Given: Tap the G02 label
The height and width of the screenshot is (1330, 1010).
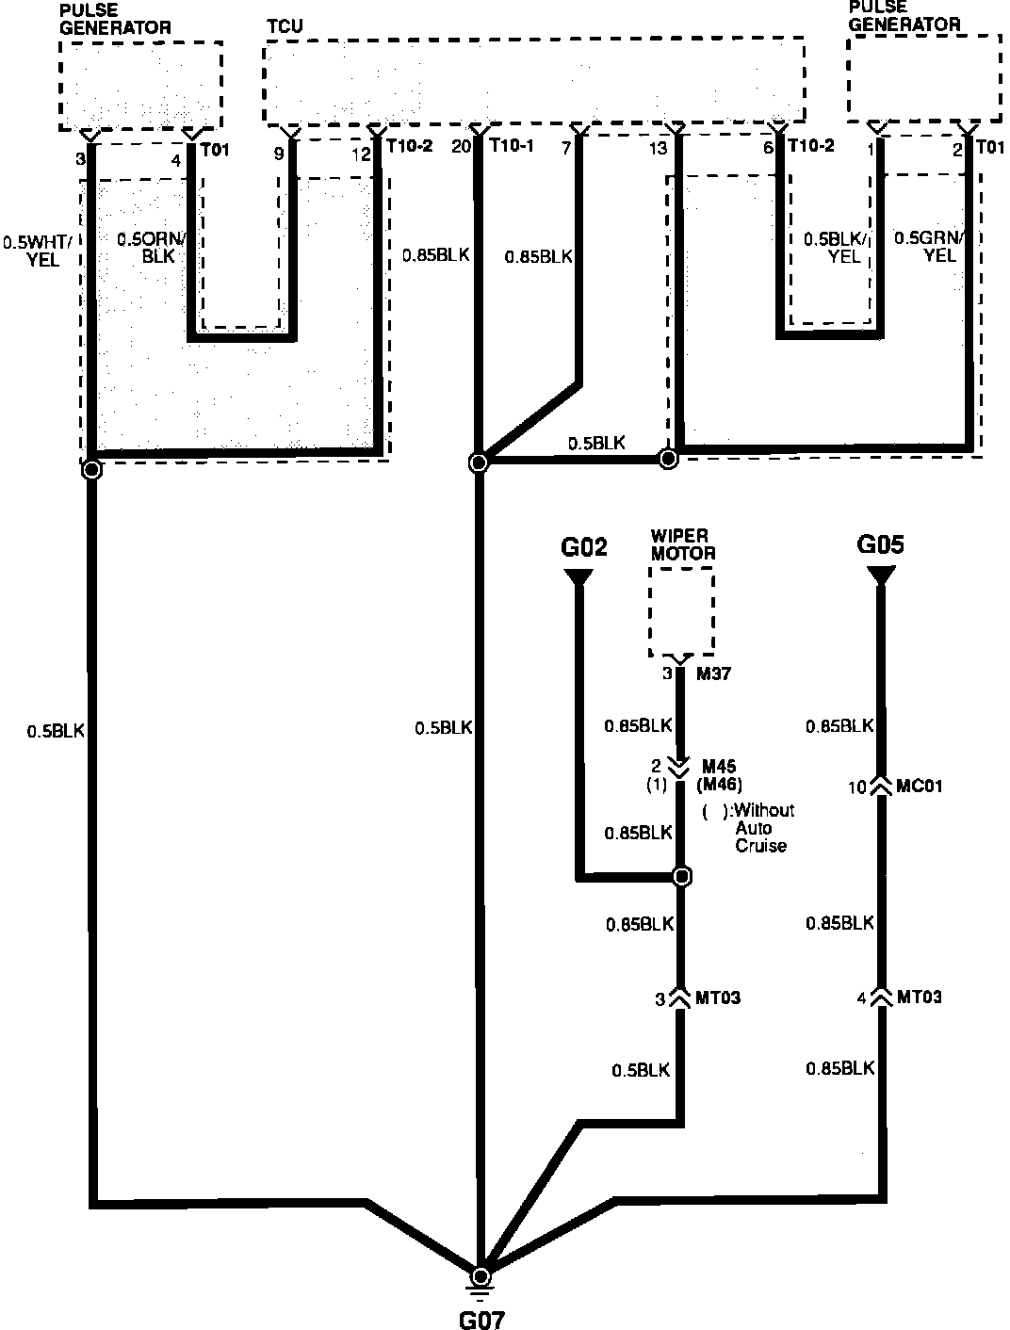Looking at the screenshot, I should coord(583,546).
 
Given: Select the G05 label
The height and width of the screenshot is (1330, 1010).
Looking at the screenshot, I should coord(880,543).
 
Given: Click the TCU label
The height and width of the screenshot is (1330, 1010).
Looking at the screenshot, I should coord(284,26).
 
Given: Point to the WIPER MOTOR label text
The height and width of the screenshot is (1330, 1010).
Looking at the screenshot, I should coord(683,544).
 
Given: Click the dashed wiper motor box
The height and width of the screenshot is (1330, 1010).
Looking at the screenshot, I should coord(681,613).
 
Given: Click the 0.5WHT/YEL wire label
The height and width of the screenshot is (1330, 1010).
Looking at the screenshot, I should coord(31,251).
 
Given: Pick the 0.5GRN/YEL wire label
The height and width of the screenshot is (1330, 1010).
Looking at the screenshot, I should coord(925,247).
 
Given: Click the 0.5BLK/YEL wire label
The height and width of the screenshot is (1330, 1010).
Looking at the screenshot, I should coord(832,247).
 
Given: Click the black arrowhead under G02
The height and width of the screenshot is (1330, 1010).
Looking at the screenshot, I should coord(577,576).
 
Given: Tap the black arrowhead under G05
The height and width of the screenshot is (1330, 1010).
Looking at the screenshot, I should coord(881,574).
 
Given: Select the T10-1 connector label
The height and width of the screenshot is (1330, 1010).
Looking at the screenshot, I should coord(512,146).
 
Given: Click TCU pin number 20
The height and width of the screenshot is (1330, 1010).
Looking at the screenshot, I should coord(461,147).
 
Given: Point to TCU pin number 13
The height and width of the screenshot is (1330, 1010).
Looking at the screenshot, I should coord(659,149).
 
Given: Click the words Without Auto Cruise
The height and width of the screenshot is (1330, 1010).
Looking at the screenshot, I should coord(761,828).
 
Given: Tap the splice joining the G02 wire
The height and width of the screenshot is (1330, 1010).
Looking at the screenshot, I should coord(683,877).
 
